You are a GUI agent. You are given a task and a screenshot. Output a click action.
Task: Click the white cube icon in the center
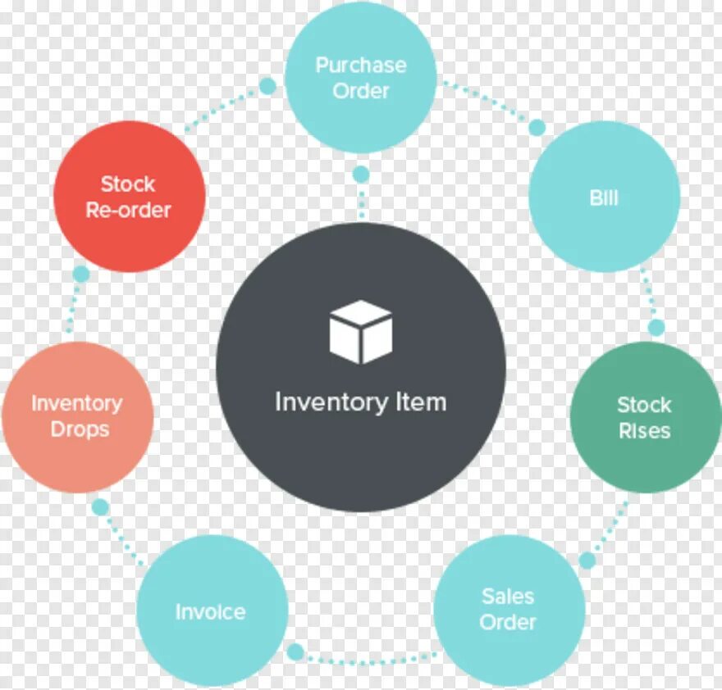[x=361, y=332]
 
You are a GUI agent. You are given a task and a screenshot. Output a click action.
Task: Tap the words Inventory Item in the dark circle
[x=361, y=402]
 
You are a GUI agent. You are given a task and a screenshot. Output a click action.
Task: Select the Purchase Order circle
[x=361, y=77]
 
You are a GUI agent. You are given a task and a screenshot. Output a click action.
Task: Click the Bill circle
[x=604, y=197]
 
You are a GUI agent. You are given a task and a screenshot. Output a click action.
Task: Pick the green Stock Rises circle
[x=645, y=417]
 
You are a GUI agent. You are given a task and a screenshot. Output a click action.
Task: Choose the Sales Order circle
[x=509, y=610]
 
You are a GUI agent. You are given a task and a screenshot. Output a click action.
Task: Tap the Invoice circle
[x=211, y=611]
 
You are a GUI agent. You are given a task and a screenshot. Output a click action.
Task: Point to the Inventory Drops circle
[x=77, y=416]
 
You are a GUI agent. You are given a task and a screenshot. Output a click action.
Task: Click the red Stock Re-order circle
[x=129, y=197]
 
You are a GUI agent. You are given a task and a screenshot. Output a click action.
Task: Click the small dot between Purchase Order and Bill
[x=537, y=127]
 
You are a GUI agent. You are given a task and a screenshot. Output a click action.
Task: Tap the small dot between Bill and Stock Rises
[x=656, y=328]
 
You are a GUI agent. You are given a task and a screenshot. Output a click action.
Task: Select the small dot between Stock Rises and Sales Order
[x=587, y=561]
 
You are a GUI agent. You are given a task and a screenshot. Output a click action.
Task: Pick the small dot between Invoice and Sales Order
[x=296, y=653]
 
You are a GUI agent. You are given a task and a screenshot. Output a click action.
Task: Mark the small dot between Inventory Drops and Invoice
[x=100, y=507]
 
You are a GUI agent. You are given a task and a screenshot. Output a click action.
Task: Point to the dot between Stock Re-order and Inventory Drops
[x=80, y=274]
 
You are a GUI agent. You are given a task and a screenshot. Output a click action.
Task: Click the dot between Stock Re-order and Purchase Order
[x=267, y=86]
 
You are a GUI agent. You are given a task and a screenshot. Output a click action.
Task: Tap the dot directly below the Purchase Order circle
[x=361, y=175]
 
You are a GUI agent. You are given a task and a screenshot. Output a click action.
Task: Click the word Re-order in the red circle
[x=129, y=210]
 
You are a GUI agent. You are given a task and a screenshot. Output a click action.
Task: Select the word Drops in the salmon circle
[x=80, y=429]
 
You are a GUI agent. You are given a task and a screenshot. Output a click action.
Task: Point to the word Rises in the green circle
[x=645, y=431]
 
